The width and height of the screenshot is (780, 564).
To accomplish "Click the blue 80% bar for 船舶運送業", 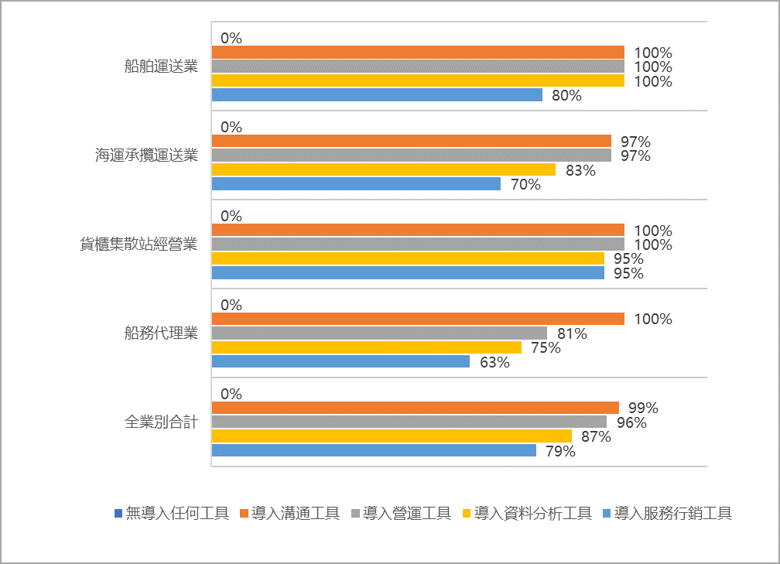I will tap(377, 95).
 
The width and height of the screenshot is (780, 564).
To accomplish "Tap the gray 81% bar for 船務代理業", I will tap(379, 333).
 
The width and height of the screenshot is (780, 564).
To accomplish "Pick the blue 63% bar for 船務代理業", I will tap(340, 361).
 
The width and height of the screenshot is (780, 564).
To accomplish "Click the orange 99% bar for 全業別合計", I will tap(415, 408).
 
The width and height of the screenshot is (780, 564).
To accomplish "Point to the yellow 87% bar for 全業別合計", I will tap(392, 436).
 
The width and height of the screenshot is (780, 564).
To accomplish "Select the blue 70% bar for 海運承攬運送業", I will tap(356, 184).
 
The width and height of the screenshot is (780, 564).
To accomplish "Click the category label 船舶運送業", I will tap(161, 67).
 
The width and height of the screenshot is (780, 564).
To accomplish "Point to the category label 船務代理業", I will tap(161, 333).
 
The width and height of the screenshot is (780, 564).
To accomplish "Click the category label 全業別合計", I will tap(161, 422).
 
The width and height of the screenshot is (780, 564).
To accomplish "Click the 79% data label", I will tap(560, 451).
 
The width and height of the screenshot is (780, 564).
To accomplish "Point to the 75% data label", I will tap(546, 348).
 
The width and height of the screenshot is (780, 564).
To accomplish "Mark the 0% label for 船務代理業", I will tap(231, 305).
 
